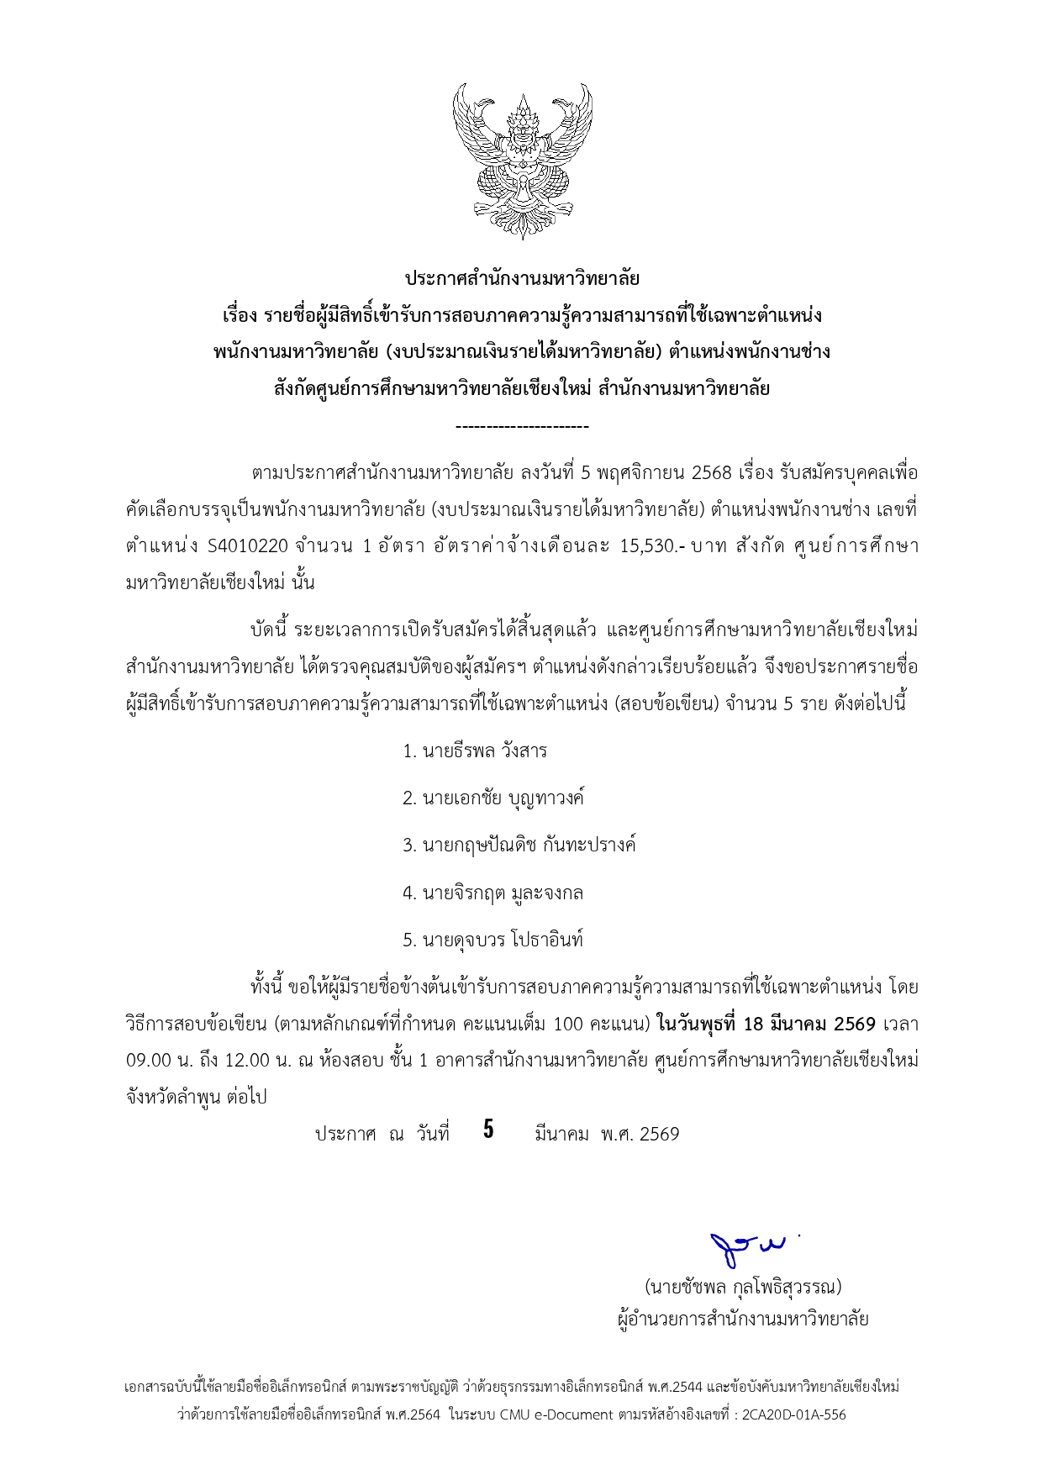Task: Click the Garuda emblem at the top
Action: pos(522,160)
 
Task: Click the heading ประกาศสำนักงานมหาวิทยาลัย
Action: pos(522,278)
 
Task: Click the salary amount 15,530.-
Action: pos(652,546)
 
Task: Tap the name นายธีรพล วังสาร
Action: pos(475,751)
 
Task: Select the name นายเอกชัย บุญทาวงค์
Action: pos(493,798)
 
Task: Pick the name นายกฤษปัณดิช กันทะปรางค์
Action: pos(519,845)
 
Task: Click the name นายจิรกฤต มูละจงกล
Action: pos(493,893)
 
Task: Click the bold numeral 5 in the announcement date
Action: pos(488,1130)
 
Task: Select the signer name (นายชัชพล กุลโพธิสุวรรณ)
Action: pos(743,1287)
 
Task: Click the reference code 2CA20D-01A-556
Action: pos(794,1414)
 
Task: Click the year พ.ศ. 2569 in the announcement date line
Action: pos(640,1135)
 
